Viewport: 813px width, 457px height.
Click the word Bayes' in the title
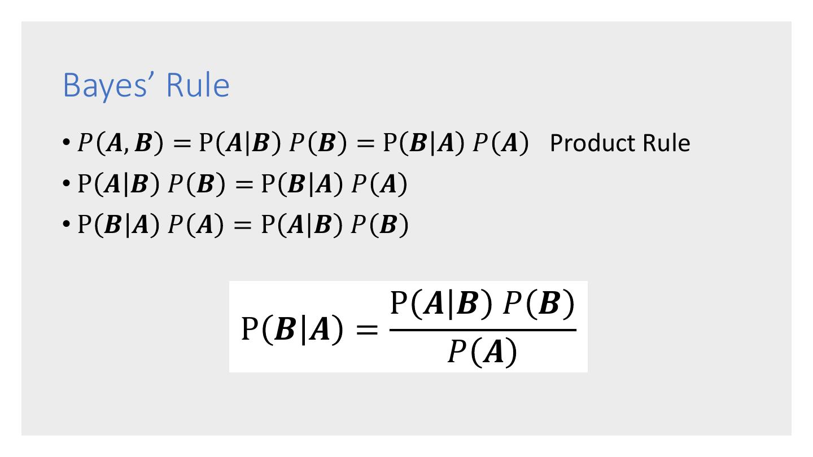[x=108, y=86]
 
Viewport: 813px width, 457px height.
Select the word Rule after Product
[x=666, y=143]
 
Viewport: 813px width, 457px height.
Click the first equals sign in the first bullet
[x=181, y=144]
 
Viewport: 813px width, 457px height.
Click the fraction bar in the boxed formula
[x=483, y=329]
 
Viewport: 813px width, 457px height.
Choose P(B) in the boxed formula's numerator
[x=539, y=305]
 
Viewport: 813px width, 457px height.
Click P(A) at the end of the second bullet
[x=379, y=184]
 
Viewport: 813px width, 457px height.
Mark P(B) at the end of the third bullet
[x=379, y=226]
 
